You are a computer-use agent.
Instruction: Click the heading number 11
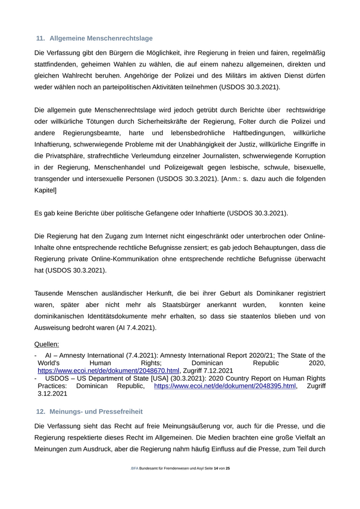(x=40, y=39)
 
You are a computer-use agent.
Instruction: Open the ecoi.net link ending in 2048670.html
(x=109, y=371)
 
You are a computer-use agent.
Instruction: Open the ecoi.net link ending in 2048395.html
(x=225, y=386)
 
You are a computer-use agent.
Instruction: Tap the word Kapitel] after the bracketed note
(x=45, y=190)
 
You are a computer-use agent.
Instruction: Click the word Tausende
(x=51, y=293)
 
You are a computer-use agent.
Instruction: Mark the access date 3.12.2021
(x=52, y=394)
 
